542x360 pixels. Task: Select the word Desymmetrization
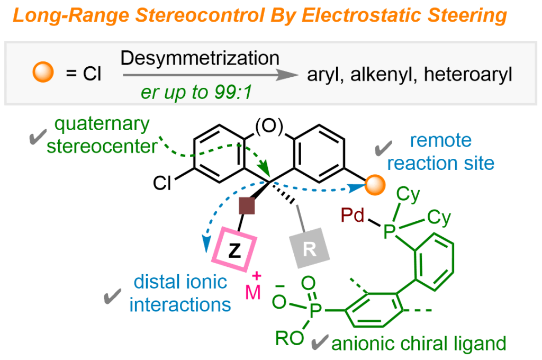[200, 58]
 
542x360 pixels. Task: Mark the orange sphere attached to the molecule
[374, 185]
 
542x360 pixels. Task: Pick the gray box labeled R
[310, 249]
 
